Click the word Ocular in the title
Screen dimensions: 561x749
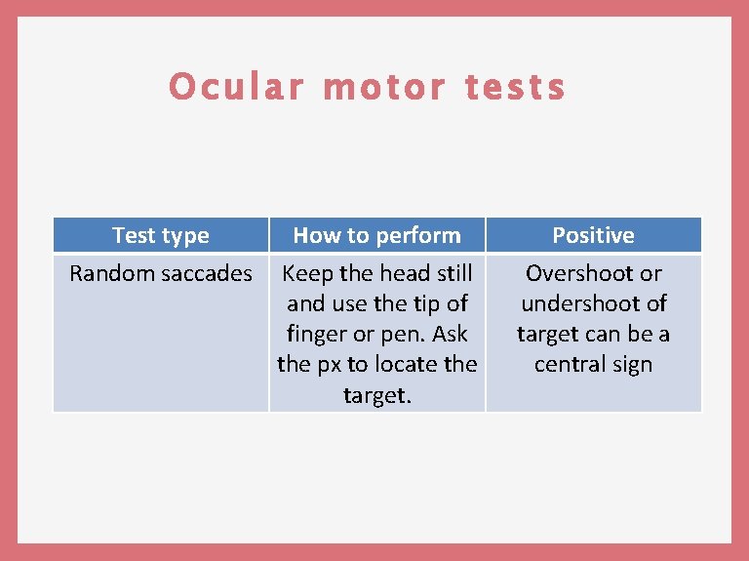pos(235,87)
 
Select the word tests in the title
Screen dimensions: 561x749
pos(515,87)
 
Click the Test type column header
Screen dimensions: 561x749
pos(161,235)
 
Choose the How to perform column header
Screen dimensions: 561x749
pos(376,235)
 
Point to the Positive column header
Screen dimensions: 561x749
pos(593,235)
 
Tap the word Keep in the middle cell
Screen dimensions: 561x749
pos(307,273)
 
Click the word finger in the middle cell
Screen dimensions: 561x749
pos(316,334)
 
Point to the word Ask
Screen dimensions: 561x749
pos(450,334)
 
